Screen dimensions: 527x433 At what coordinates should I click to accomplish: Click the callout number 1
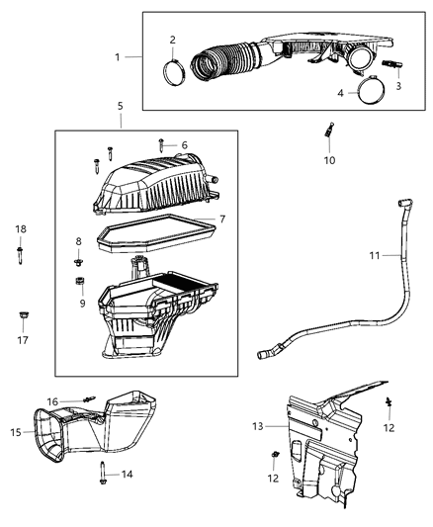click(119, 56)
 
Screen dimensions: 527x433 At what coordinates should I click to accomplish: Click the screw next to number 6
click(163, 145)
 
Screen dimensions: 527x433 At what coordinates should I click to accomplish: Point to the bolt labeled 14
click(104, 473)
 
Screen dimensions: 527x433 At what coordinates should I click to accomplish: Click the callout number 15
click(16, 432)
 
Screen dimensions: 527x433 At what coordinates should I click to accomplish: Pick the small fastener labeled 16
click(92, 400)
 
